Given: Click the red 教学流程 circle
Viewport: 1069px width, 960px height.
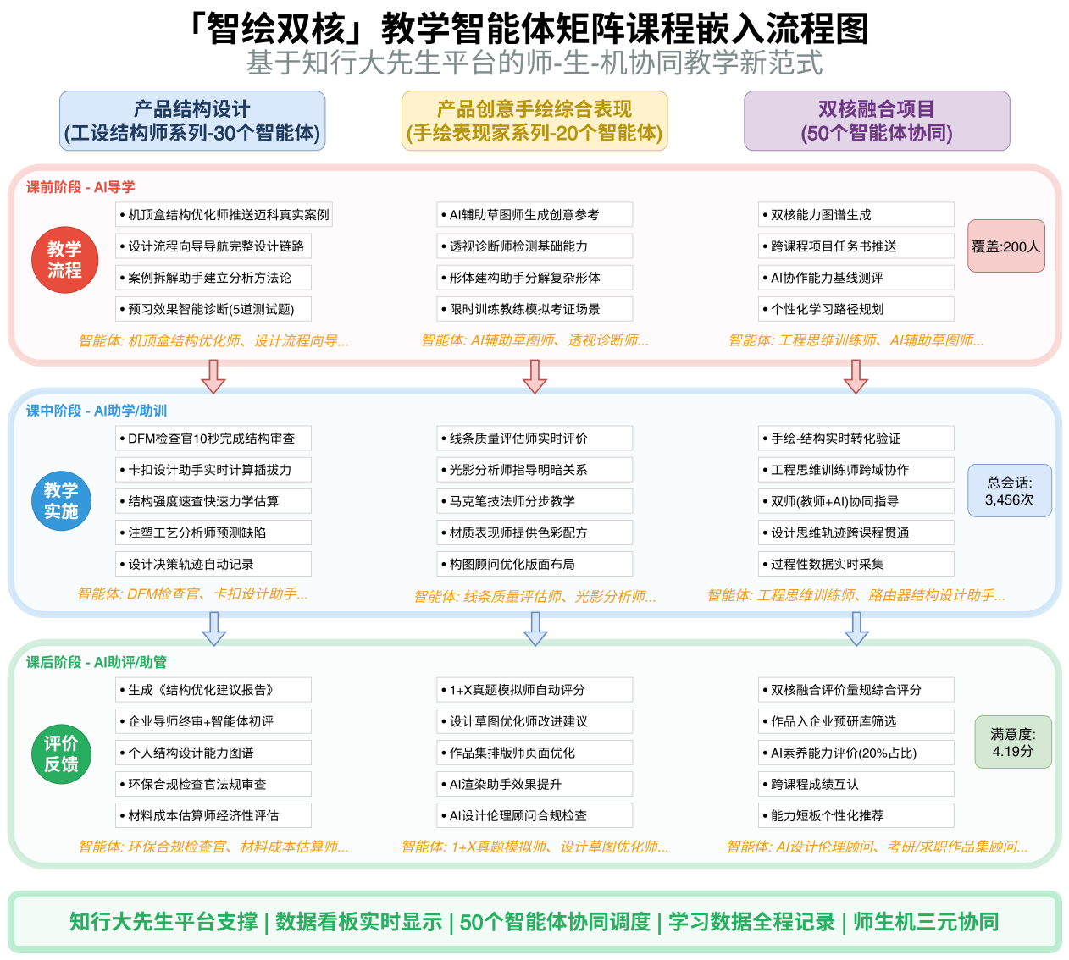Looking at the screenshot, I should click(x=64, y=260).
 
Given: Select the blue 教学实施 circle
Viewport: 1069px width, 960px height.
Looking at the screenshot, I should click(x=61, y=501).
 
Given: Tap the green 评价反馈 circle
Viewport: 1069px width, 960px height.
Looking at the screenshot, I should click(x=61, y=753).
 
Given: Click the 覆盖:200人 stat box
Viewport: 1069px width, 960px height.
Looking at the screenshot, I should click(x=1005, y=246).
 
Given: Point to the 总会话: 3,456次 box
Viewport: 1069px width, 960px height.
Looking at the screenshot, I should click(x=1009, y=491).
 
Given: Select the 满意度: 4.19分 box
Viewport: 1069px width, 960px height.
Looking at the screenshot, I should click(x=1012, y=742).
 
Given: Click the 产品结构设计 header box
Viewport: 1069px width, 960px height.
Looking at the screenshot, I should click(x=192, y=121).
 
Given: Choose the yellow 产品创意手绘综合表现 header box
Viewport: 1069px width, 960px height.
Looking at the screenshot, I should click(x=534, y=121).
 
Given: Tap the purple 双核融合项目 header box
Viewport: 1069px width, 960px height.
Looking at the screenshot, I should click(x=877, y=121).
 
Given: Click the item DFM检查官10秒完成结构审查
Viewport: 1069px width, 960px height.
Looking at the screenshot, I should click(x=213, y=439).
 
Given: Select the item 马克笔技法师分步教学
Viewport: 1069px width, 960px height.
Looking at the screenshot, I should click(x=534, y=501).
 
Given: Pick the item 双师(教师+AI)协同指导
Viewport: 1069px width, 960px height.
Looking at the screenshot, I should click(x=856, y=501).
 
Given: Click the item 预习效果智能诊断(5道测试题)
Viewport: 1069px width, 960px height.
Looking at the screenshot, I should click(x=213, y=309).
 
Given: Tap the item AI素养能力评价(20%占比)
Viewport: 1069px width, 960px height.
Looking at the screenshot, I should click(x=856, y=753).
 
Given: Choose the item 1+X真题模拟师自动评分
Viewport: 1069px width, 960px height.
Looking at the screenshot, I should click(x=534, y=690).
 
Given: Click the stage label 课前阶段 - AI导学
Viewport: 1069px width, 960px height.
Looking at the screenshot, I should click(x=80, y=187).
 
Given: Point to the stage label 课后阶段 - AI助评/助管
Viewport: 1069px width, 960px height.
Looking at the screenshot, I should click(x=97, y=662).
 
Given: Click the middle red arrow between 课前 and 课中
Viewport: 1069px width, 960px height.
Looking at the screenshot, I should click(x=534, y=376).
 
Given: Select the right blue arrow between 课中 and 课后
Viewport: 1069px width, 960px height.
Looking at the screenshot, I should click(x=856, y=628).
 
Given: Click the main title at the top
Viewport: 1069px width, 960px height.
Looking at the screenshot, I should click(x=534, y=63).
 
